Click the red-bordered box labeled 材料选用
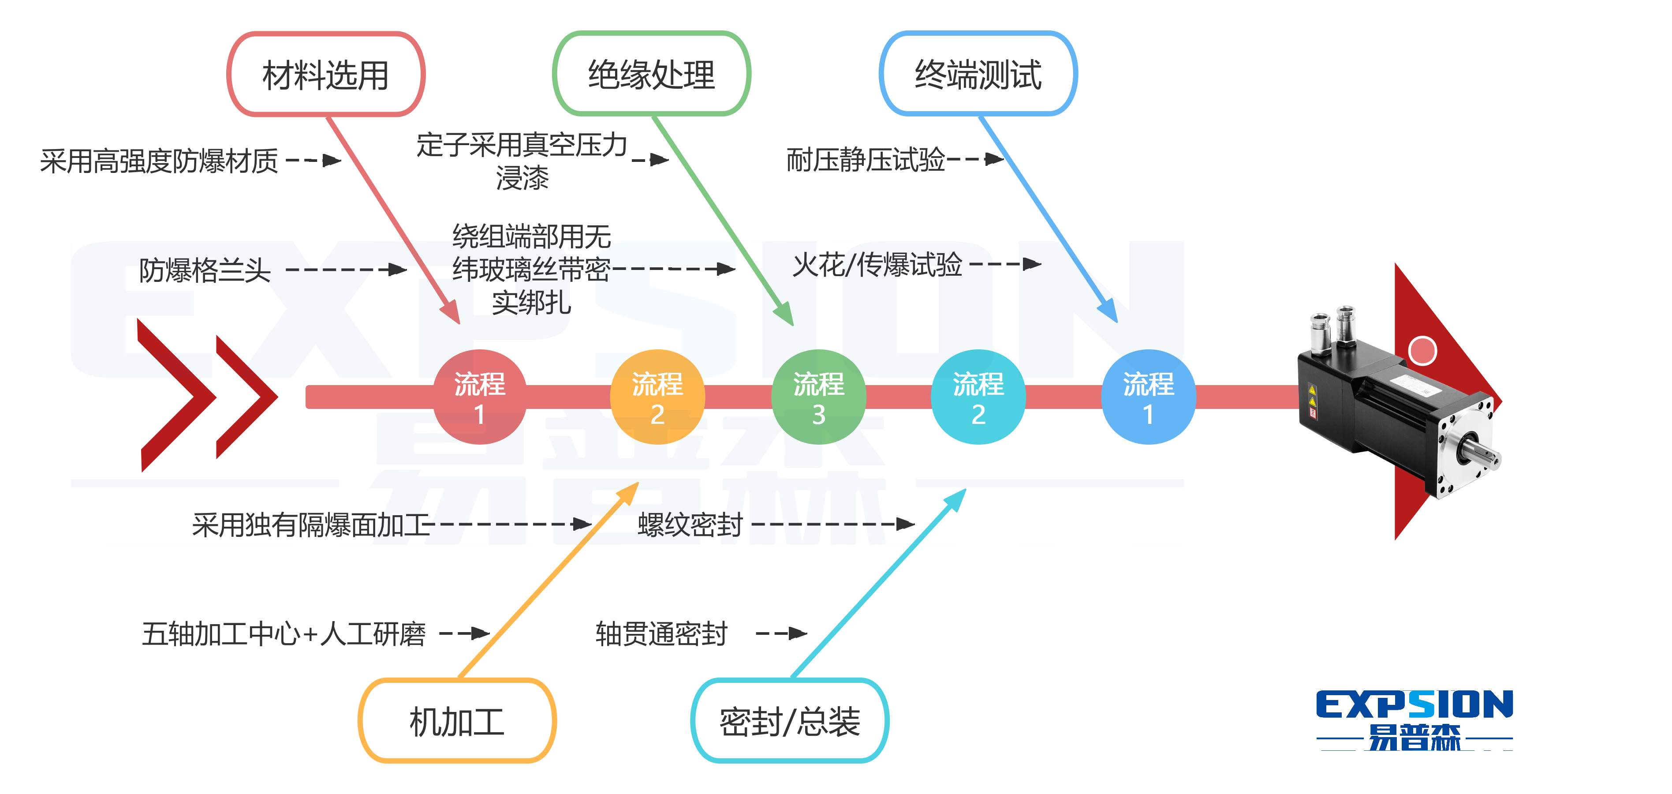tap(326, 75)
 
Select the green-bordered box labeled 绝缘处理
tap(652, 74)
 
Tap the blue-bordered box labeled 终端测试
tap(978, 74)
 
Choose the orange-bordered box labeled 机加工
tap(457, 721)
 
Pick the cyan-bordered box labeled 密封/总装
tap(790, 721)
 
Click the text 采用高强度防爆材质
tap(159, 161)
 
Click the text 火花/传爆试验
tap(877, 265)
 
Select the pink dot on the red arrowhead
tap(1422, 351)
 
